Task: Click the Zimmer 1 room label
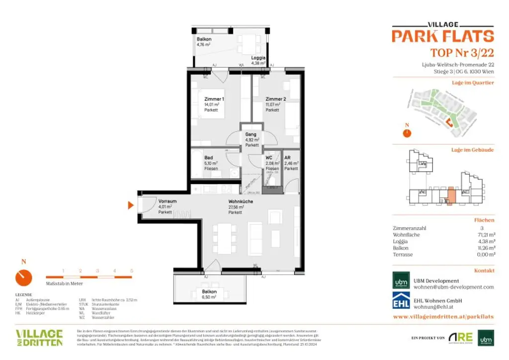(x=214, y=99)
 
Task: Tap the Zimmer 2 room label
(x=275, y=99)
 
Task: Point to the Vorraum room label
(x=168, y=201)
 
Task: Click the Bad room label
(x=209, y=158)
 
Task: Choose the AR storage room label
(x=287, y=158)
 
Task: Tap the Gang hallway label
(x=251, y=134)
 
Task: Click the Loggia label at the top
(x=258, y=58)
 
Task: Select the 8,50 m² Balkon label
(x=209, y=292)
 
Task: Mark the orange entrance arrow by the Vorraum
(x=131, y=205)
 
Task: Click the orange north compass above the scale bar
(x=23, y=277)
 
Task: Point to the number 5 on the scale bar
(x=132, y=270)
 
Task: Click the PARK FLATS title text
(x=442, y=36)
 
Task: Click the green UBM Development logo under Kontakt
(x=401, y=280)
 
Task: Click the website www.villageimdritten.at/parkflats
(x=443, y=316)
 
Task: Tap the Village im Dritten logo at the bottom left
(x=39, y=337)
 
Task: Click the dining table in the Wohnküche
(x=225, y=238)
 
